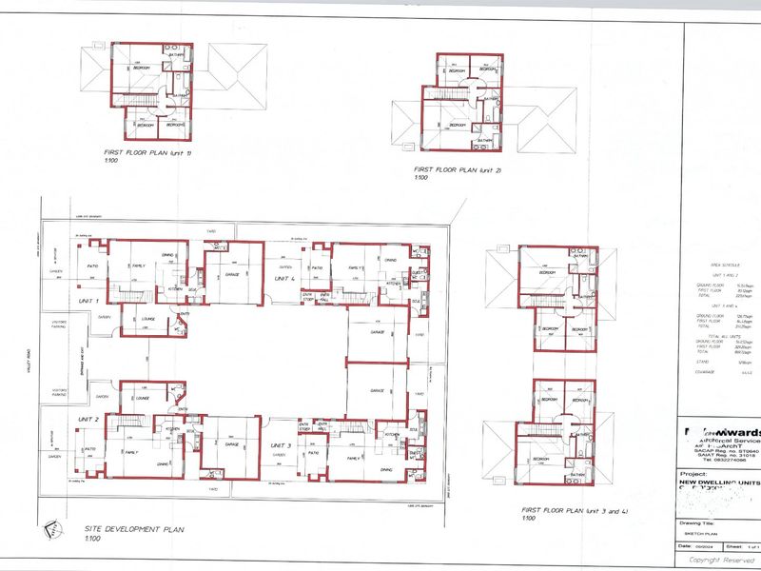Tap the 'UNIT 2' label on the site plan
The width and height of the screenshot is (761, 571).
[x=88, y=419]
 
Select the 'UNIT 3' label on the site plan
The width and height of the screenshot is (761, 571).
[x=281, y=445]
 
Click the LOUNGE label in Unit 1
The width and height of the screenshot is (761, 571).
[x=147, y=319]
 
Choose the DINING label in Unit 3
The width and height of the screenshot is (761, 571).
[x=386, y=470]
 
